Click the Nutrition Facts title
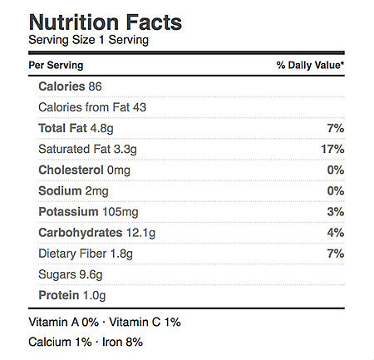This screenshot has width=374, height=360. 106,22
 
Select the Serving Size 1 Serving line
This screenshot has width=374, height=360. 89,40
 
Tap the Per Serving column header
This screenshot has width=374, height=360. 56,66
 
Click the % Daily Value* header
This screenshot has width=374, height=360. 310,66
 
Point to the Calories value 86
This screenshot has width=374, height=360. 95,86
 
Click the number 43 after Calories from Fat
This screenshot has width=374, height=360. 140,107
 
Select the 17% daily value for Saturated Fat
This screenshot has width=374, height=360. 332,150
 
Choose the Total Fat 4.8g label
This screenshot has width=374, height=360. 76,129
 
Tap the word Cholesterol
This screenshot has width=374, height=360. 71,170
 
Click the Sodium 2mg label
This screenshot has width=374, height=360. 73,191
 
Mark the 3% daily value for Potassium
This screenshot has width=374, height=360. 336,212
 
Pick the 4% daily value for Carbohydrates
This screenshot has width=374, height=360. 336,233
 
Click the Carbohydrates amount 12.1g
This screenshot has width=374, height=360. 141,234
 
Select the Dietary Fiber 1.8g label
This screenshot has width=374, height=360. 86,254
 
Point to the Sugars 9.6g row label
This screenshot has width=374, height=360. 71,275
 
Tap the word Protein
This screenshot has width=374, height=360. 59,295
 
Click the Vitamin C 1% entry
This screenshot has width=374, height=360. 145,323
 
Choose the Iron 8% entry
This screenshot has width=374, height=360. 123,343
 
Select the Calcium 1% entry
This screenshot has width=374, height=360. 60,343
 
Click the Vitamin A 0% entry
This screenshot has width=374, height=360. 64,323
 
